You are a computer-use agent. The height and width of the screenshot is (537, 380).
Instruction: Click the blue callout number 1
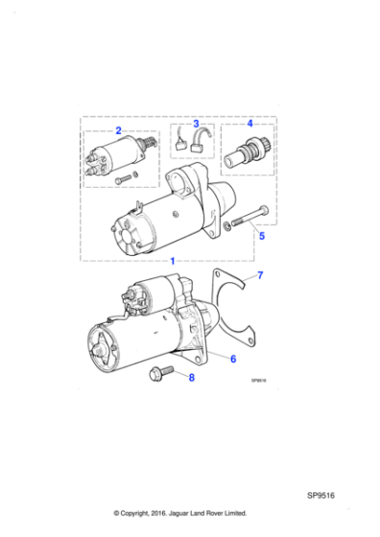172,261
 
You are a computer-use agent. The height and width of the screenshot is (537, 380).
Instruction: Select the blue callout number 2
118,128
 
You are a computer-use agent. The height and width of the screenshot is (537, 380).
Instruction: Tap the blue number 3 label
196,124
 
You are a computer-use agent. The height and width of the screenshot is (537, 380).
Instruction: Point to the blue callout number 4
249,124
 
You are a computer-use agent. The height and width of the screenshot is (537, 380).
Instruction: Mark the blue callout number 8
190,378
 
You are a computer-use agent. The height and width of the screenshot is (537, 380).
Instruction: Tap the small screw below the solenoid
124,180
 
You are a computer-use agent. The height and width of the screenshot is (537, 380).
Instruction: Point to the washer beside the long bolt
226,225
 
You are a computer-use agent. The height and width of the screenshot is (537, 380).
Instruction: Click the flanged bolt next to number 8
159,373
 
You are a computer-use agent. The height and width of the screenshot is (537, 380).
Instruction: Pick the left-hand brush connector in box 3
181,145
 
